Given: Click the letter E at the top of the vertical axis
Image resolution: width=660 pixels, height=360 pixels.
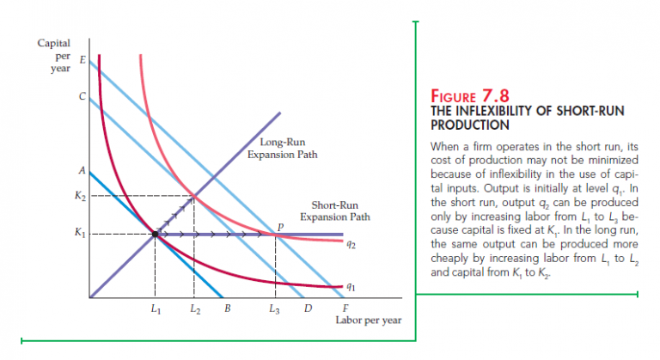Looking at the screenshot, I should pos(82,60).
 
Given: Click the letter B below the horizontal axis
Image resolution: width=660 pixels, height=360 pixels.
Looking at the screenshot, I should pos(227,308).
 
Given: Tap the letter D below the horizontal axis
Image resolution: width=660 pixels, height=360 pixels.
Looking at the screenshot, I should pos(307,308).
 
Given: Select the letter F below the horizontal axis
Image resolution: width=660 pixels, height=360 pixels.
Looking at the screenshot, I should pos(345,308).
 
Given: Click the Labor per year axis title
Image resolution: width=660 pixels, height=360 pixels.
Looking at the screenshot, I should pos(364,321).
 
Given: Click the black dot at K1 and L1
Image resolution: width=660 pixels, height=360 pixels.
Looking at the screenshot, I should pos(155,233).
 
